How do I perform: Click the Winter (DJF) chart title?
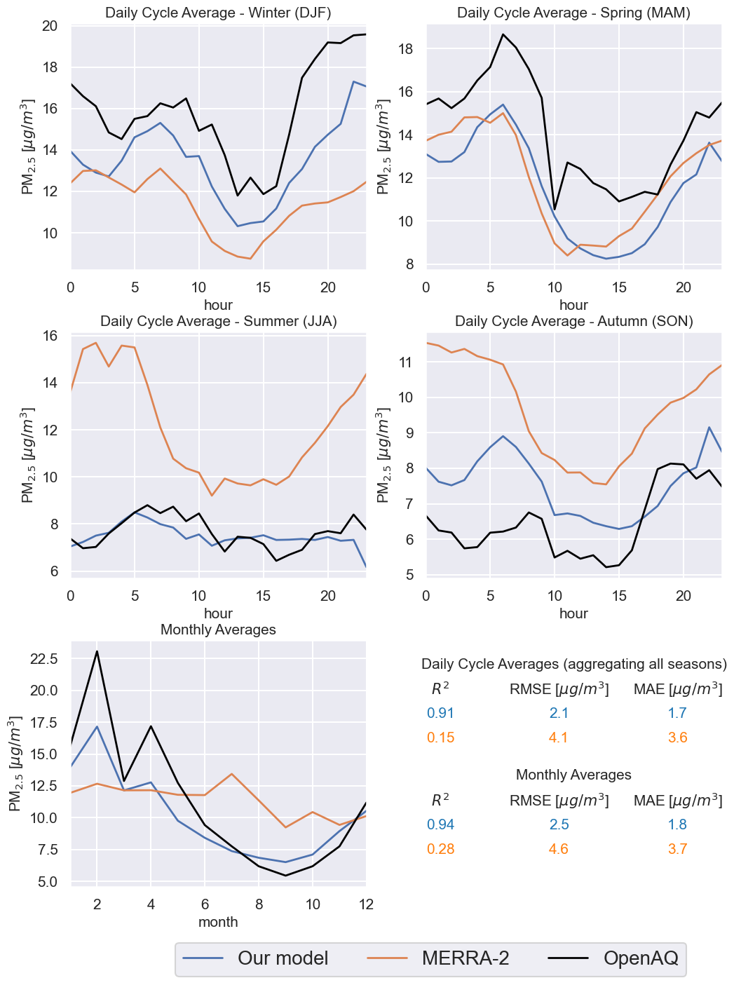(x=218, y=13)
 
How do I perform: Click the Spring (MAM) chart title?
(x=573, y=13)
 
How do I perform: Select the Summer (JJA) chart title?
(x=218, y=321)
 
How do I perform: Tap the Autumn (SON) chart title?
(x=573, y=321)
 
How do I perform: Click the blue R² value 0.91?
(x=440, y=713)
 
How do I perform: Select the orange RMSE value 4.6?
(x=559, y=849)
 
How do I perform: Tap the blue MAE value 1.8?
(x=677, y=824)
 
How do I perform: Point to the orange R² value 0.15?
(x=440, y=738)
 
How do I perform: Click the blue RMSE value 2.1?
(x=559, y=713)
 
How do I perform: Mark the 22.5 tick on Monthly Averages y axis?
(x=43, y=659)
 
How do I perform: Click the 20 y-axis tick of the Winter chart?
(x=59, y=26)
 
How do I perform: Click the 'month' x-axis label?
(x=218, y=922)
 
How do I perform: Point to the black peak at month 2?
(x=97, y=651)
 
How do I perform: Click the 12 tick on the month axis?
(x=365, y=904)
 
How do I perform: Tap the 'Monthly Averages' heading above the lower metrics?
(x=573, y=775)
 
